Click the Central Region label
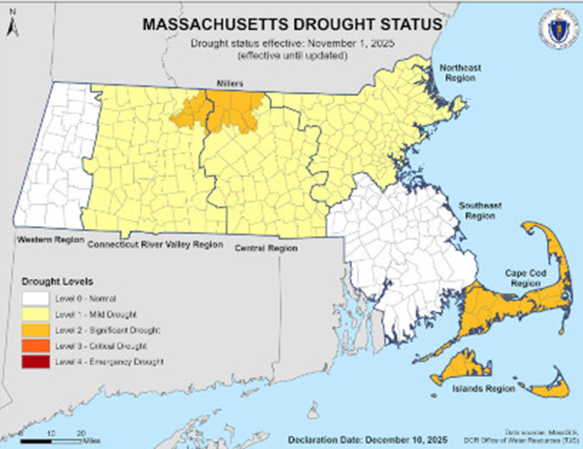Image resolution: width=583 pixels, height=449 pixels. (x=266, y=247)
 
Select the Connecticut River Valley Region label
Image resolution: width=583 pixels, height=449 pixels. (x=154, y=245)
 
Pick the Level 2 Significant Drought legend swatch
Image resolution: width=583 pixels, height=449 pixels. (x=37, y=330)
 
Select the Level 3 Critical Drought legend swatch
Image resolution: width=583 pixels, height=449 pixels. (x=37, y=346)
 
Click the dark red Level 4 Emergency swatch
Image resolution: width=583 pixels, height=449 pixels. (x=37, y=362)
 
